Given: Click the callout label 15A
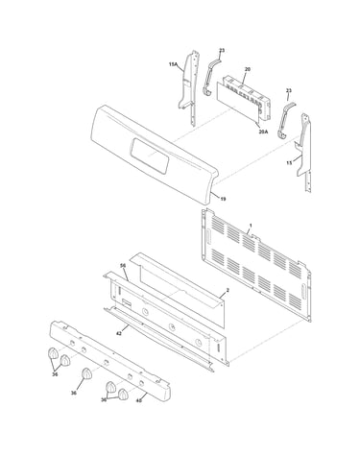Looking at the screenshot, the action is [173, 64].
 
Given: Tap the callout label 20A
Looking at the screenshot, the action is [263, 131].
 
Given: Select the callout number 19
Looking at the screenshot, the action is [223, 199].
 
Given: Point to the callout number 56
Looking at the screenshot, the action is [123, 266].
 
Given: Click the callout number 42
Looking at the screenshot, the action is [119, 333].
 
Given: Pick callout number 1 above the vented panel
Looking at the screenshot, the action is [251, 226].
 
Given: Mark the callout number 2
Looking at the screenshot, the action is [228, 290].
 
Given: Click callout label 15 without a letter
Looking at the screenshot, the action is [289, 163].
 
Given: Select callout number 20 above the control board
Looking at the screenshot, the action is [248, 69].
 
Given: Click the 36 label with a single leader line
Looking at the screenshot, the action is [74, 393].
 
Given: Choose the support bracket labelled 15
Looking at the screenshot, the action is [304, 152].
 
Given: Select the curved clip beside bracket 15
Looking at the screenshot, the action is [286, 120].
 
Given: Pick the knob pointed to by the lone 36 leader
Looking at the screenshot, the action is [86, 373].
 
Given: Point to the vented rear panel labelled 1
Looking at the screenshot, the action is [256, 265].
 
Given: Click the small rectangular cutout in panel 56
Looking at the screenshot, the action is [127, 303].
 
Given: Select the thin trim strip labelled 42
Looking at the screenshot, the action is [158, 339].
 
